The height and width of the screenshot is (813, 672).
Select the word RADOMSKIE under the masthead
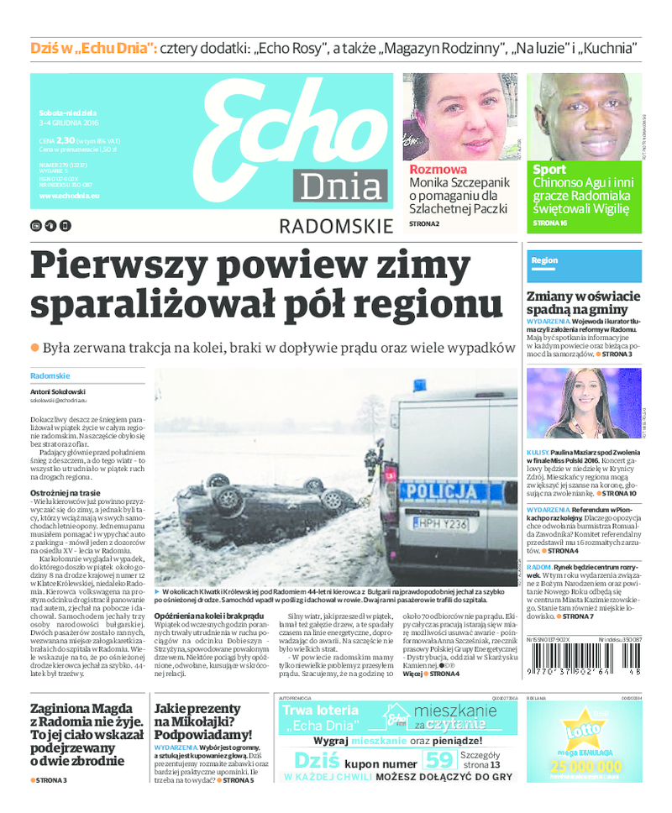point(335,226)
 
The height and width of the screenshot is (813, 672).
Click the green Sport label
point(549,170)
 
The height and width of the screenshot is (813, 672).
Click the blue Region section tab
point(544,260)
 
